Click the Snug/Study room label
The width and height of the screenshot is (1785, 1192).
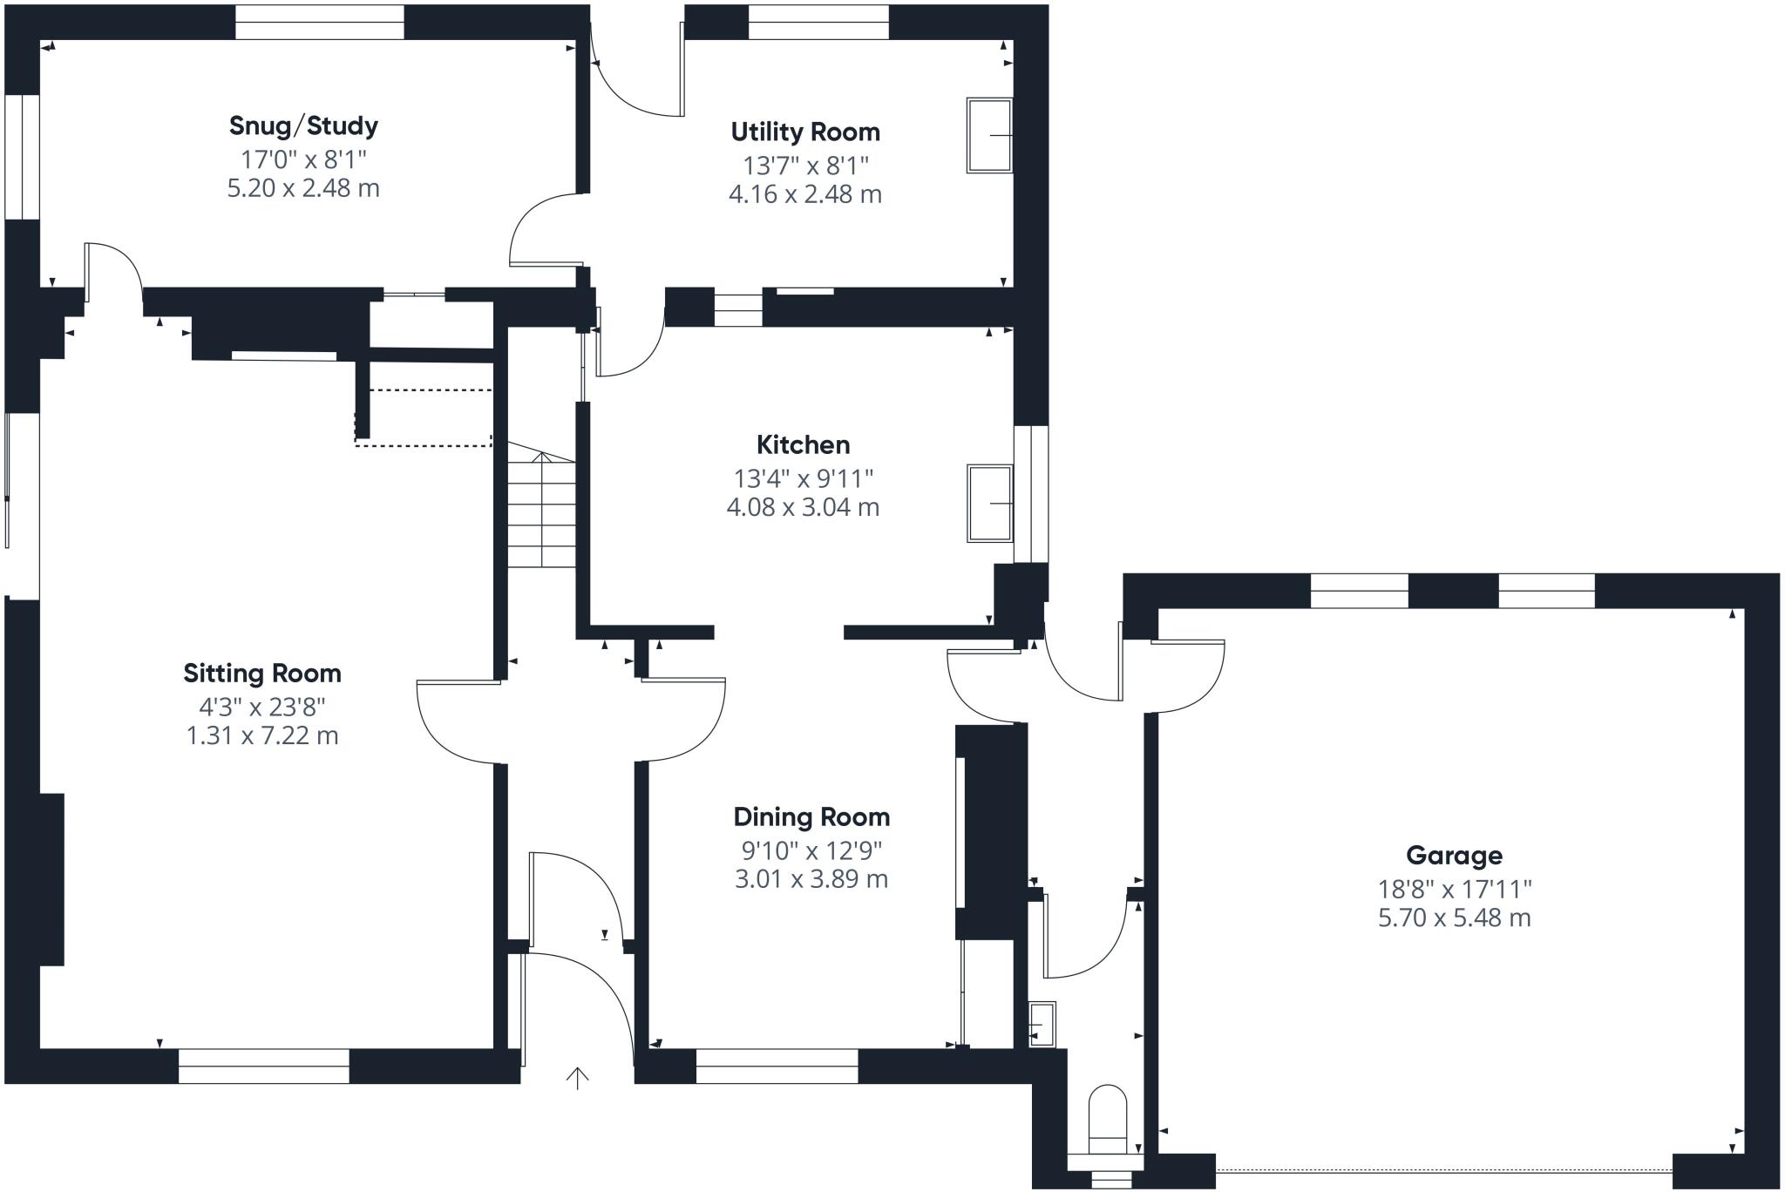click(303, 126)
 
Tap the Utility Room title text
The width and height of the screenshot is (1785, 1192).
click(805, 132)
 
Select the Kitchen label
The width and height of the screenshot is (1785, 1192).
click(803, 445)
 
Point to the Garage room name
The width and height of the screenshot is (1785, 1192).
click(1454, 856)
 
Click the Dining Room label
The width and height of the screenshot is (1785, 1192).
click(811, 817)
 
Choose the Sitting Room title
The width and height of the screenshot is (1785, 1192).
click(262, 674)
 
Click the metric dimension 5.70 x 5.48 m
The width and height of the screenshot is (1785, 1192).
click(1454, 918)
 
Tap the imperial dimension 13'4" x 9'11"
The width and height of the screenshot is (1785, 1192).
click(803, 478)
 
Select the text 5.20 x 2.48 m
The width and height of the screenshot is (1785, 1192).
click(303, 188)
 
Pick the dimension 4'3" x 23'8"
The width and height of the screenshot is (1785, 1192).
click(262, 707)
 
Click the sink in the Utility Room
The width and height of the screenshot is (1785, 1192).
click(989, 135)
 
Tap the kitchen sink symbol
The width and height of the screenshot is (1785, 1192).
click(990, 504)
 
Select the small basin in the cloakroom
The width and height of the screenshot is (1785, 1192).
click(1042, 1024)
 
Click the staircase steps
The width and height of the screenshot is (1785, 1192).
click(541, 514)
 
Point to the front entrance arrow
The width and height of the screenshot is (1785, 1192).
click(577, 1078)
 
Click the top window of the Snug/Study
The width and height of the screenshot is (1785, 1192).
click(320, 22)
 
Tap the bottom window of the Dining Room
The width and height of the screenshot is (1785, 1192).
click(777, 1067)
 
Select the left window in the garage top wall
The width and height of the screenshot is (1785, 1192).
click(1359, 591)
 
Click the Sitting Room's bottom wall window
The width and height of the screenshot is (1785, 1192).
click(263, 1067)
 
